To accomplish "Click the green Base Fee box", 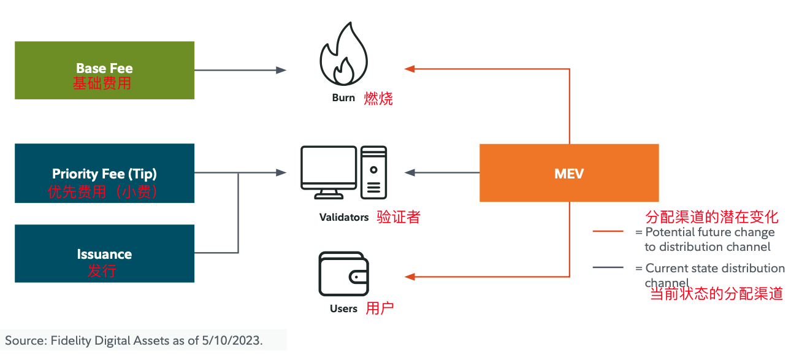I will click(104, 70).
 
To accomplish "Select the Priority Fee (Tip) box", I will click(104, 173).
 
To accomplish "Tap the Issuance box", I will click(104, 253).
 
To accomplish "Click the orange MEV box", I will click(568, 173).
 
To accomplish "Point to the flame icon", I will click(343, 55).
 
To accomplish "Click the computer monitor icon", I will click(329, 171).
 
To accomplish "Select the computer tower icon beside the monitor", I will click(373, 172).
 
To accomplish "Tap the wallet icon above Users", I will click(343, 274).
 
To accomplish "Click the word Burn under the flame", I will click(343, 98).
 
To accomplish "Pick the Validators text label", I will click(344, 217).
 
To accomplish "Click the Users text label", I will click(343, 308).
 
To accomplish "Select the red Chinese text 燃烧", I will click(378, 98).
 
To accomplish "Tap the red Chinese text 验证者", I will click(399, 217).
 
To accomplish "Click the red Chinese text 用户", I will click(380, 308).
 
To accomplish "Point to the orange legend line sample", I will click(608, 232).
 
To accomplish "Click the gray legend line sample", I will click(608, 268).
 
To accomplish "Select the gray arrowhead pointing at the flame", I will click(281, 70).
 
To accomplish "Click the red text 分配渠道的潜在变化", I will click(712, 216).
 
